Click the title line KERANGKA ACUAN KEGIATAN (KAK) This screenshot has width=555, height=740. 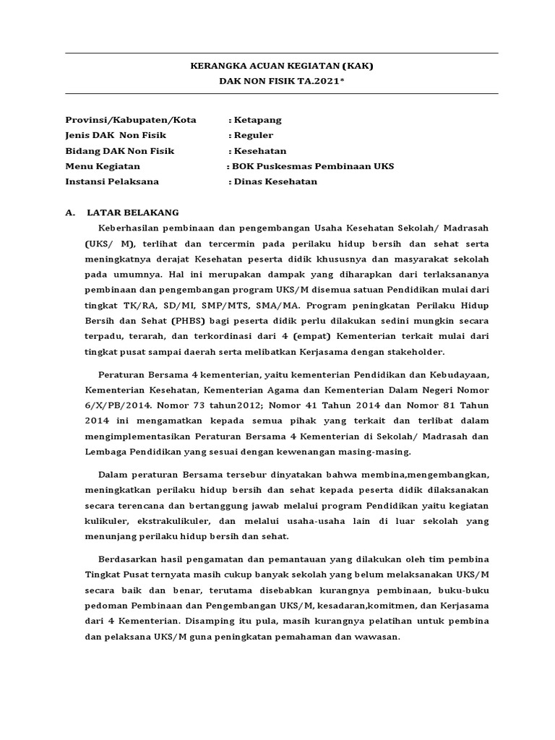(282, 66)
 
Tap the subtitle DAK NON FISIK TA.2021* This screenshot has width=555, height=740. (282, 82)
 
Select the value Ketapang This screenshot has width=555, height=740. (257, 119)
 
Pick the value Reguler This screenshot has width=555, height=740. (253, 135)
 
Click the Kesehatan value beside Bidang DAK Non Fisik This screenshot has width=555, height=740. (259, 151)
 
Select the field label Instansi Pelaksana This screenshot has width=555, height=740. (112, 181)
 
